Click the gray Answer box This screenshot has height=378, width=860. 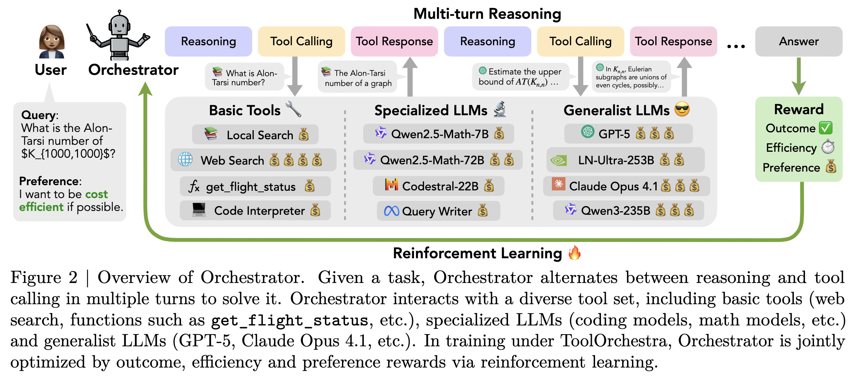pos(798,41)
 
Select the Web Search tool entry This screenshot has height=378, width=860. pos(253,160)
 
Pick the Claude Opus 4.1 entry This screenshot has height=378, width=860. pos(626,186)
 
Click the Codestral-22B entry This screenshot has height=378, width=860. pos(438,186)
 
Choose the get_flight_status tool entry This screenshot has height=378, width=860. pos(255,187)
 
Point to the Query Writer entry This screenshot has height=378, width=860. pos(438,211)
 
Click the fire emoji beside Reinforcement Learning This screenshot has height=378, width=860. pos(574,253)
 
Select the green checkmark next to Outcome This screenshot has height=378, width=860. pos(826,128)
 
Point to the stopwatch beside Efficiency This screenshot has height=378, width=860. pos(828,147)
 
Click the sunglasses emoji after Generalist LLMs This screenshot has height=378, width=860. pos(682,109)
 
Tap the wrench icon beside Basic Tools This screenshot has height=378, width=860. pos(293,109)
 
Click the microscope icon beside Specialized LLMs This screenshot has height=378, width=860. pos(500,109)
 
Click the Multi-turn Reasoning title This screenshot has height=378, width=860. pos(487,14)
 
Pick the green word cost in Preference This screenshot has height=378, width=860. pos(96,194)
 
